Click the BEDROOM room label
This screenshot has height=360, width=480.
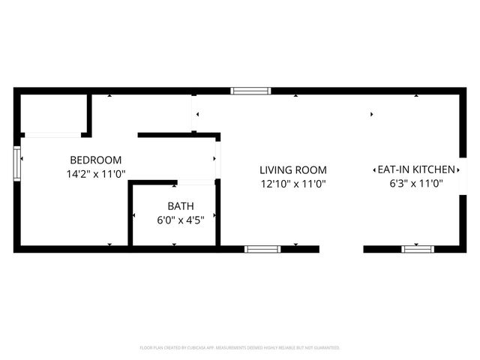95,160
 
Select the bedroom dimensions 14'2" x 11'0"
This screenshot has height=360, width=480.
95,174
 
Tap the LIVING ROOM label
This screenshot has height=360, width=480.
293,170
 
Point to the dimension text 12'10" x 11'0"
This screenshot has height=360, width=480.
293,184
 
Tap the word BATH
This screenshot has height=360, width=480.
180,205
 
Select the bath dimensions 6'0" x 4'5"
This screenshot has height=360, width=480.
180,219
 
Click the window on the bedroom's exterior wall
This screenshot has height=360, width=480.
16,163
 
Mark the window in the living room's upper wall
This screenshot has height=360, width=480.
250,91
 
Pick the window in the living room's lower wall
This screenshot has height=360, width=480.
262,249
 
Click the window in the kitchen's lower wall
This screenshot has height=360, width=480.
418,249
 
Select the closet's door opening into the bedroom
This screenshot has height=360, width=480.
51,135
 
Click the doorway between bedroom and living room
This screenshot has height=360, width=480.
217,159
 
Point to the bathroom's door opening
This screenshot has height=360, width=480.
196,181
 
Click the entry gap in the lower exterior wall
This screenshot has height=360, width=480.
341,249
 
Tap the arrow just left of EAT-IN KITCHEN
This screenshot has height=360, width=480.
374,170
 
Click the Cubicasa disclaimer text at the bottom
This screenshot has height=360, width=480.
240,348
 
